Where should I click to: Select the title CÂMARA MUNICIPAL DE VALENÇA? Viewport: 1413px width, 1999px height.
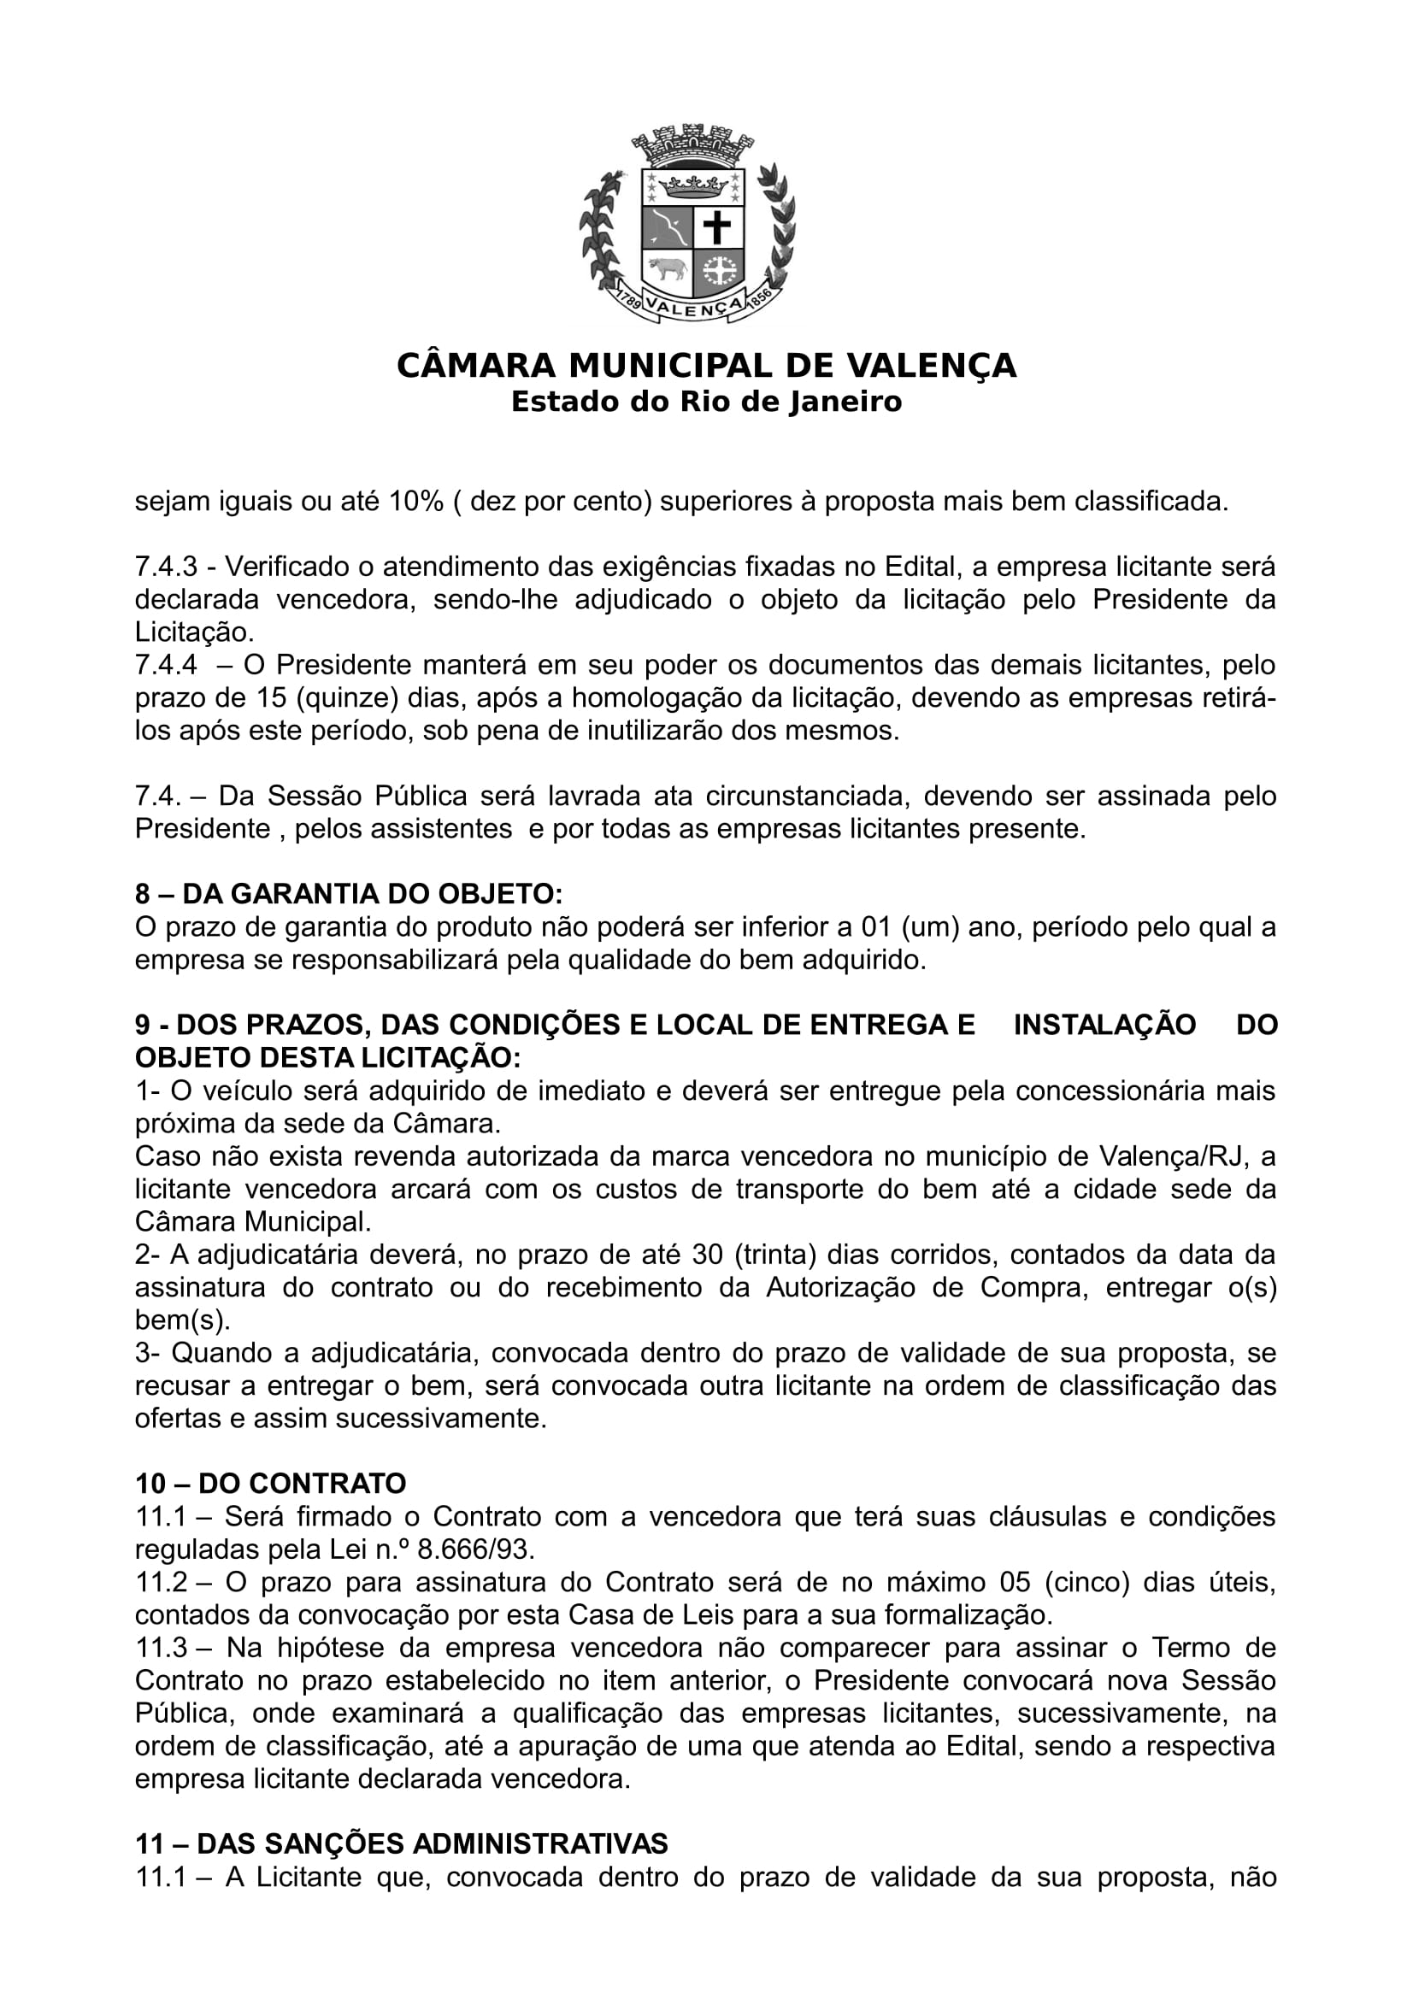click(706, 366)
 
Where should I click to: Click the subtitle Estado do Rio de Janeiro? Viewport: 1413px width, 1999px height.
click(706, 403)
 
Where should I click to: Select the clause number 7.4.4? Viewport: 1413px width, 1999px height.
click(166, 665)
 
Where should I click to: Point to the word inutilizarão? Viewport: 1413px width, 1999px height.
click(656, 731)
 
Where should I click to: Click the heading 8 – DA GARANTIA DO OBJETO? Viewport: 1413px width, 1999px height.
click(348, 894)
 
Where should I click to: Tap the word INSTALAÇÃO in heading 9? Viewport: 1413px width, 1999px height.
click(1104, 1025)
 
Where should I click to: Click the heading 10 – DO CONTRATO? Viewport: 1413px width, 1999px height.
click(271, 1484)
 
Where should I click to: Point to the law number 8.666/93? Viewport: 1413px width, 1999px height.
click(476, 1549)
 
